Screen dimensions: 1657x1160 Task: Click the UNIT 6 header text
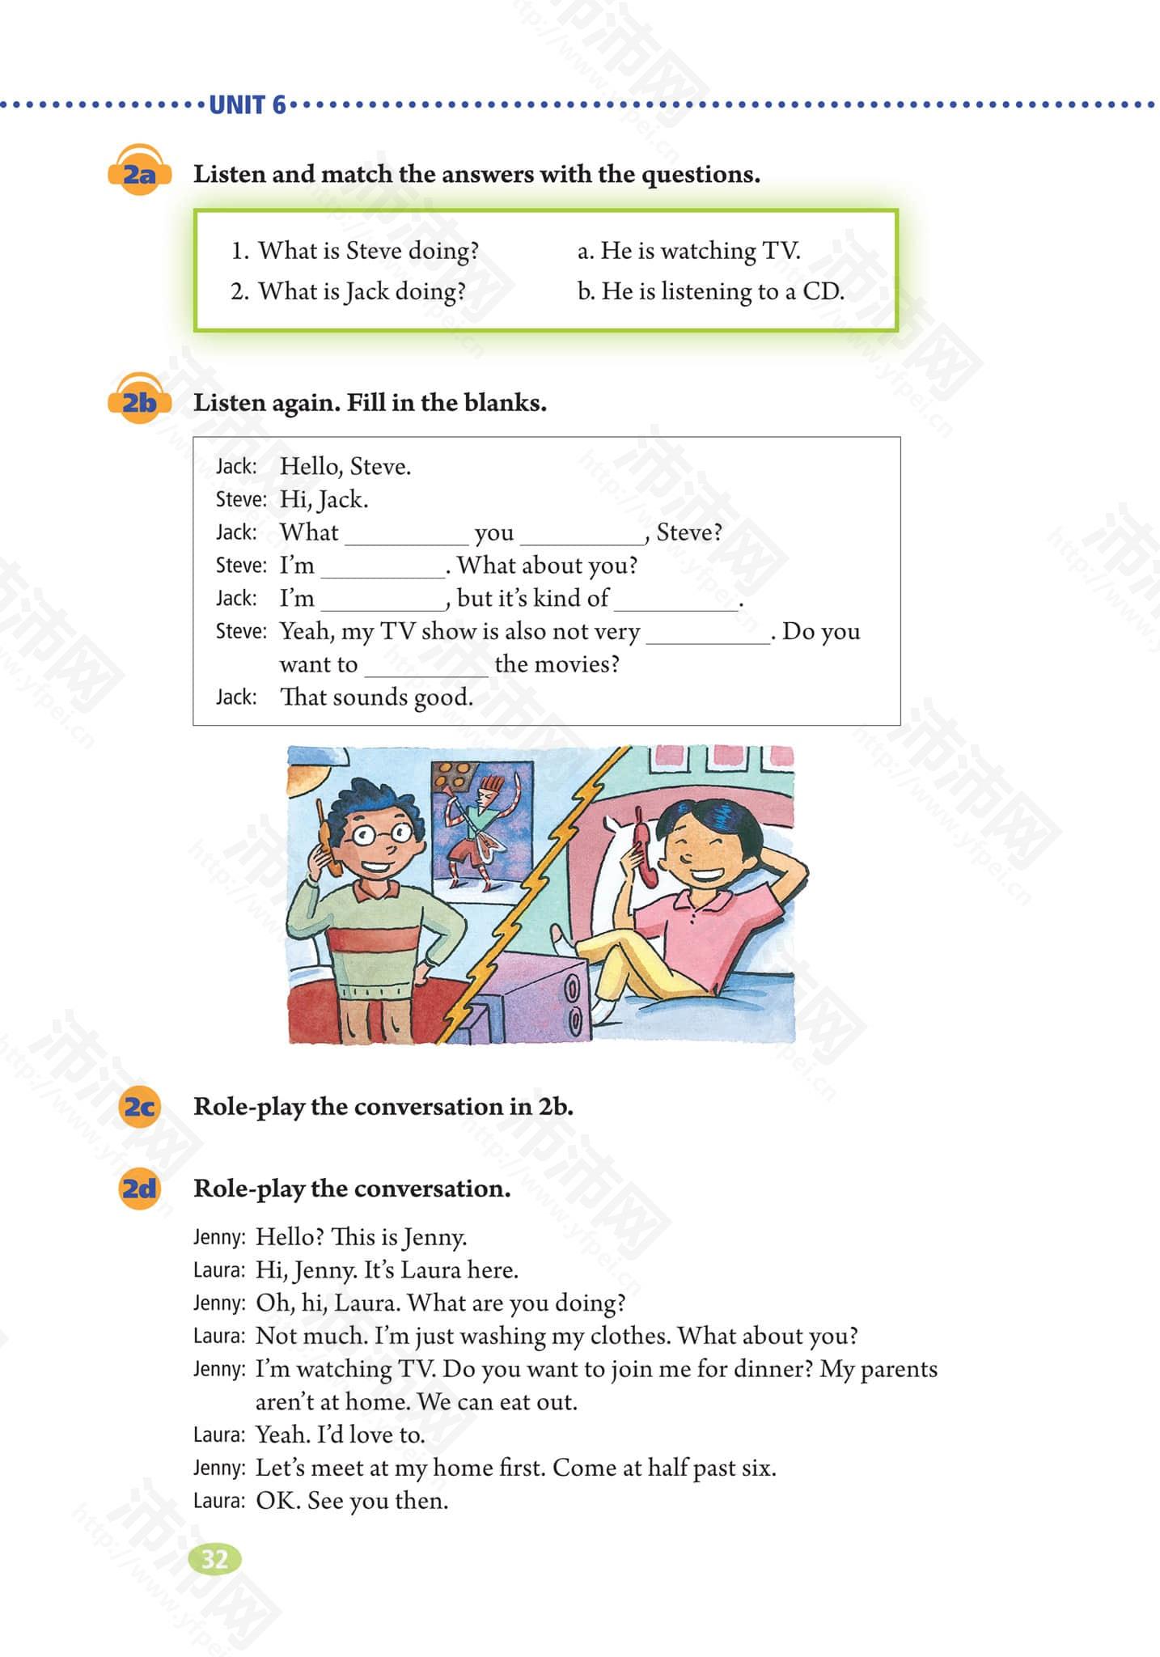click(x=248, y=105)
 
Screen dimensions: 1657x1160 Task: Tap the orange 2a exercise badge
click(x=139, y=173)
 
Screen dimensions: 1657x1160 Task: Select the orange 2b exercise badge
click(x=139, y=401)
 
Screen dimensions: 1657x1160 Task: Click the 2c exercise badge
click(x=139, y=1106)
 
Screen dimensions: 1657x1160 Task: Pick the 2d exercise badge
click(x=139, y=1188)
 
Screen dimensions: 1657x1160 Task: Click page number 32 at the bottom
click(x=214, y=1559)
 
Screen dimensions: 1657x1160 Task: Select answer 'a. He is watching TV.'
click(x=688, y=251)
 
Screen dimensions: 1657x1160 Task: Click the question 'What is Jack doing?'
click(x=361, y=290)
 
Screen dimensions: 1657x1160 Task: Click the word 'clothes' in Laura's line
click(x=630, y=1336)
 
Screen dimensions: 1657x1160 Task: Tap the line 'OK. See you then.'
click(x=352, y=1501)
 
